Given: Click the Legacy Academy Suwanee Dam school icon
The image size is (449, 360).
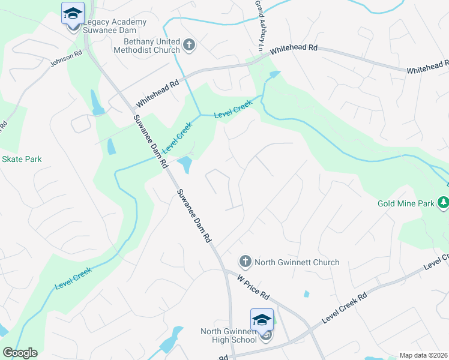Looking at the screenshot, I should (x=73, y=13).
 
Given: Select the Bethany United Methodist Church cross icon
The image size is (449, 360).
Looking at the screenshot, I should (x=189, y=45).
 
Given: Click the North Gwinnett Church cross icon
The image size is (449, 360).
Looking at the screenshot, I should (x=245, y=262).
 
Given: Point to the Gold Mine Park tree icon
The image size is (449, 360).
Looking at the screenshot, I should (x=444, y=203).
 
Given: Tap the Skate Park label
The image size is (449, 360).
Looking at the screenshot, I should (x=22, y=159).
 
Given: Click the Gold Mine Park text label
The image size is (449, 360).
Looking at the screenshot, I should (x=406, y=203).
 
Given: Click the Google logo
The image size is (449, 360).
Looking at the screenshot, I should (x=20, y=353).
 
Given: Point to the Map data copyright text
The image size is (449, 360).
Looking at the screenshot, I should (x=423, y=355).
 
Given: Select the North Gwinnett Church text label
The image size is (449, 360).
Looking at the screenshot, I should (x=297, y=262).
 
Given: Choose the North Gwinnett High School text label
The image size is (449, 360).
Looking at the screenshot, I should (x=229, y=335).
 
